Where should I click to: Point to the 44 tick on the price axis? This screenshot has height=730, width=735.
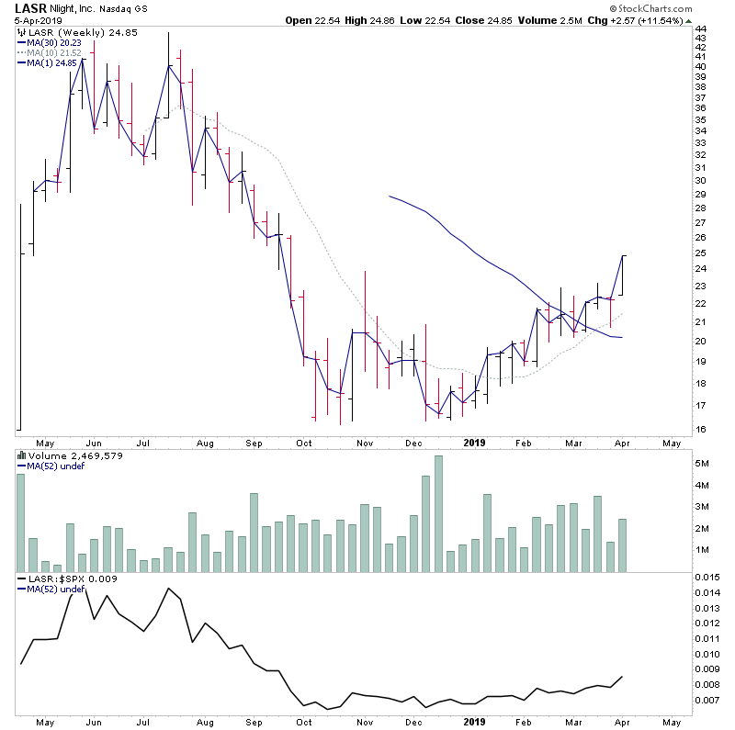700,28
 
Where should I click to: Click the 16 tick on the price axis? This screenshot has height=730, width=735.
700,429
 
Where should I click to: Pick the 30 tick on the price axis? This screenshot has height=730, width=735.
700,181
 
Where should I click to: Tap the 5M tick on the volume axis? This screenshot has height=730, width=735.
703,465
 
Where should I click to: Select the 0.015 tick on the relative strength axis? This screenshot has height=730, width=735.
707,577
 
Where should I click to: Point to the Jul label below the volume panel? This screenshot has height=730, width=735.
142,724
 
